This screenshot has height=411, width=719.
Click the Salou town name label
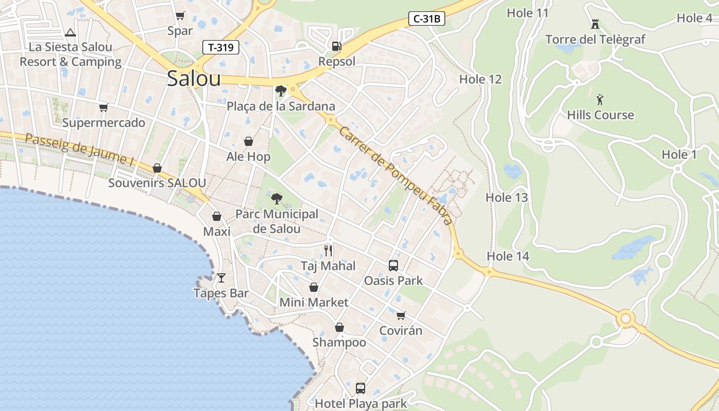tap(194, 79)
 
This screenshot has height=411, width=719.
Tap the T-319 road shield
tap(221, 48)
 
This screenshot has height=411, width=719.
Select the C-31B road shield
tap(427, 19)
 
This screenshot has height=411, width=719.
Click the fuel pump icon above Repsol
tap(336, 46)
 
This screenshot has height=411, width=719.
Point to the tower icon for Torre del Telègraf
tap(595, 24)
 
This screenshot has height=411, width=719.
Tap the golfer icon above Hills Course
tap(600, 99)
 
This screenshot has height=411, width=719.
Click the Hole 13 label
tap(506, 197)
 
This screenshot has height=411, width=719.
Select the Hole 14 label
tap(507, 256)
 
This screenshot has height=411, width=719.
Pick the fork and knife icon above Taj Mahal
tap(328, 251)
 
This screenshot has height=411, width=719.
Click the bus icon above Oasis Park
tap(393, 266)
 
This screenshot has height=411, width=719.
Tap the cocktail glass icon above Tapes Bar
tap(221, 278)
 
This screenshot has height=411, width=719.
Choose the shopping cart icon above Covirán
tap(401, 315)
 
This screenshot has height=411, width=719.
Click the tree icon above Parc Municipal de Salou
tap(276, 198)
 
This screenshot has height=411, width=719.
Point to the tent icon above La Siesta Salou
tap(70, 32)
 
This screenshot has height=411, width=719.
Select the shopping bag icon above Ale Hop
tap(249, 141)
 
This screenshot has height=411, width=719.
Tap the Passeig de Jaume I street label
tap(79, 150)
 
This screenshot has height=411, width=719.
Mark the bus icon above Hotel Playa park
tap(361, 388)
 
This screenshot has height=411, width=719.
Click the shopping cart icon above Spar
tap(180, 16)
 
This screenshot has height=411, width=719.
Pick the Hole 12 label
tap(480, 79)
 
